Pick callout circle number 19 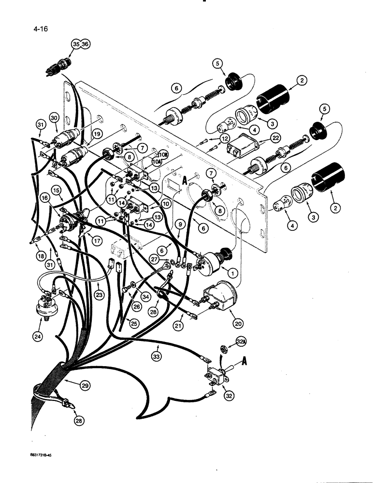point(98,135)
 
